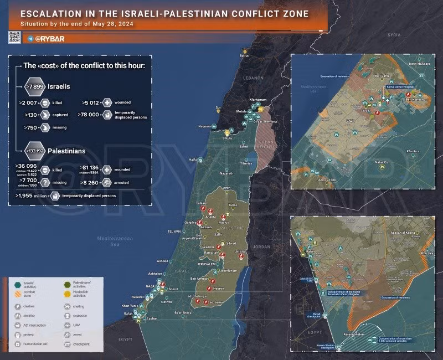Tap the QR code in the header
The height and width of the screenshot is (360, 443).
[14, 38]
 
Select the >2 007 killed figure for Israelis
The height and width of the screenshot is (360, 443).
[28, 103]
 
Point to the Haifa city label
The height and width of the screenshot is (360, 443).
[193, 160]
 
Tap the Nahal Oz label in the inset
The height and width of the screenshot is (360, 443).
[382, 162]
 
